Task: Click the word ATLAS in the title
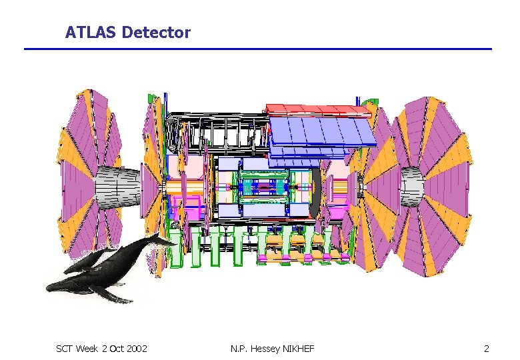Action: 90,33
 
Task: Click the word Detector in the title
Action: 156,33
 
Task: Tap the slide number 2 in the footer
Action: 486,349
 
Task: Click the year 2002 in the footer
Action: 137,349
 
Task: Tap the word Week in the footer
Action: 87,349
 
